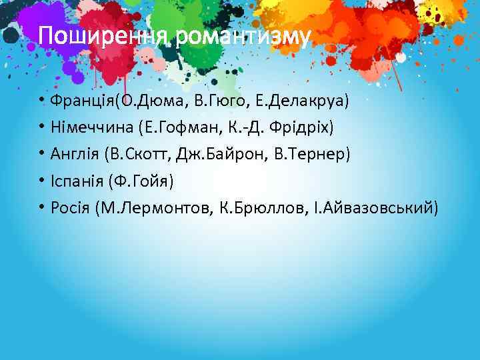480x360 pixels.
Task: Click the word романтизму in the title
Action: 244,38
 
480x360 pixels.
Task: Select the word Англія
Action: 75,155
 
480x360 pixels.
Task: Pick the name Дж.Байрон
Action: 223,155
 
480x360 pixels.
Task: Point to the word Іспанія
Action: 77,181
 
